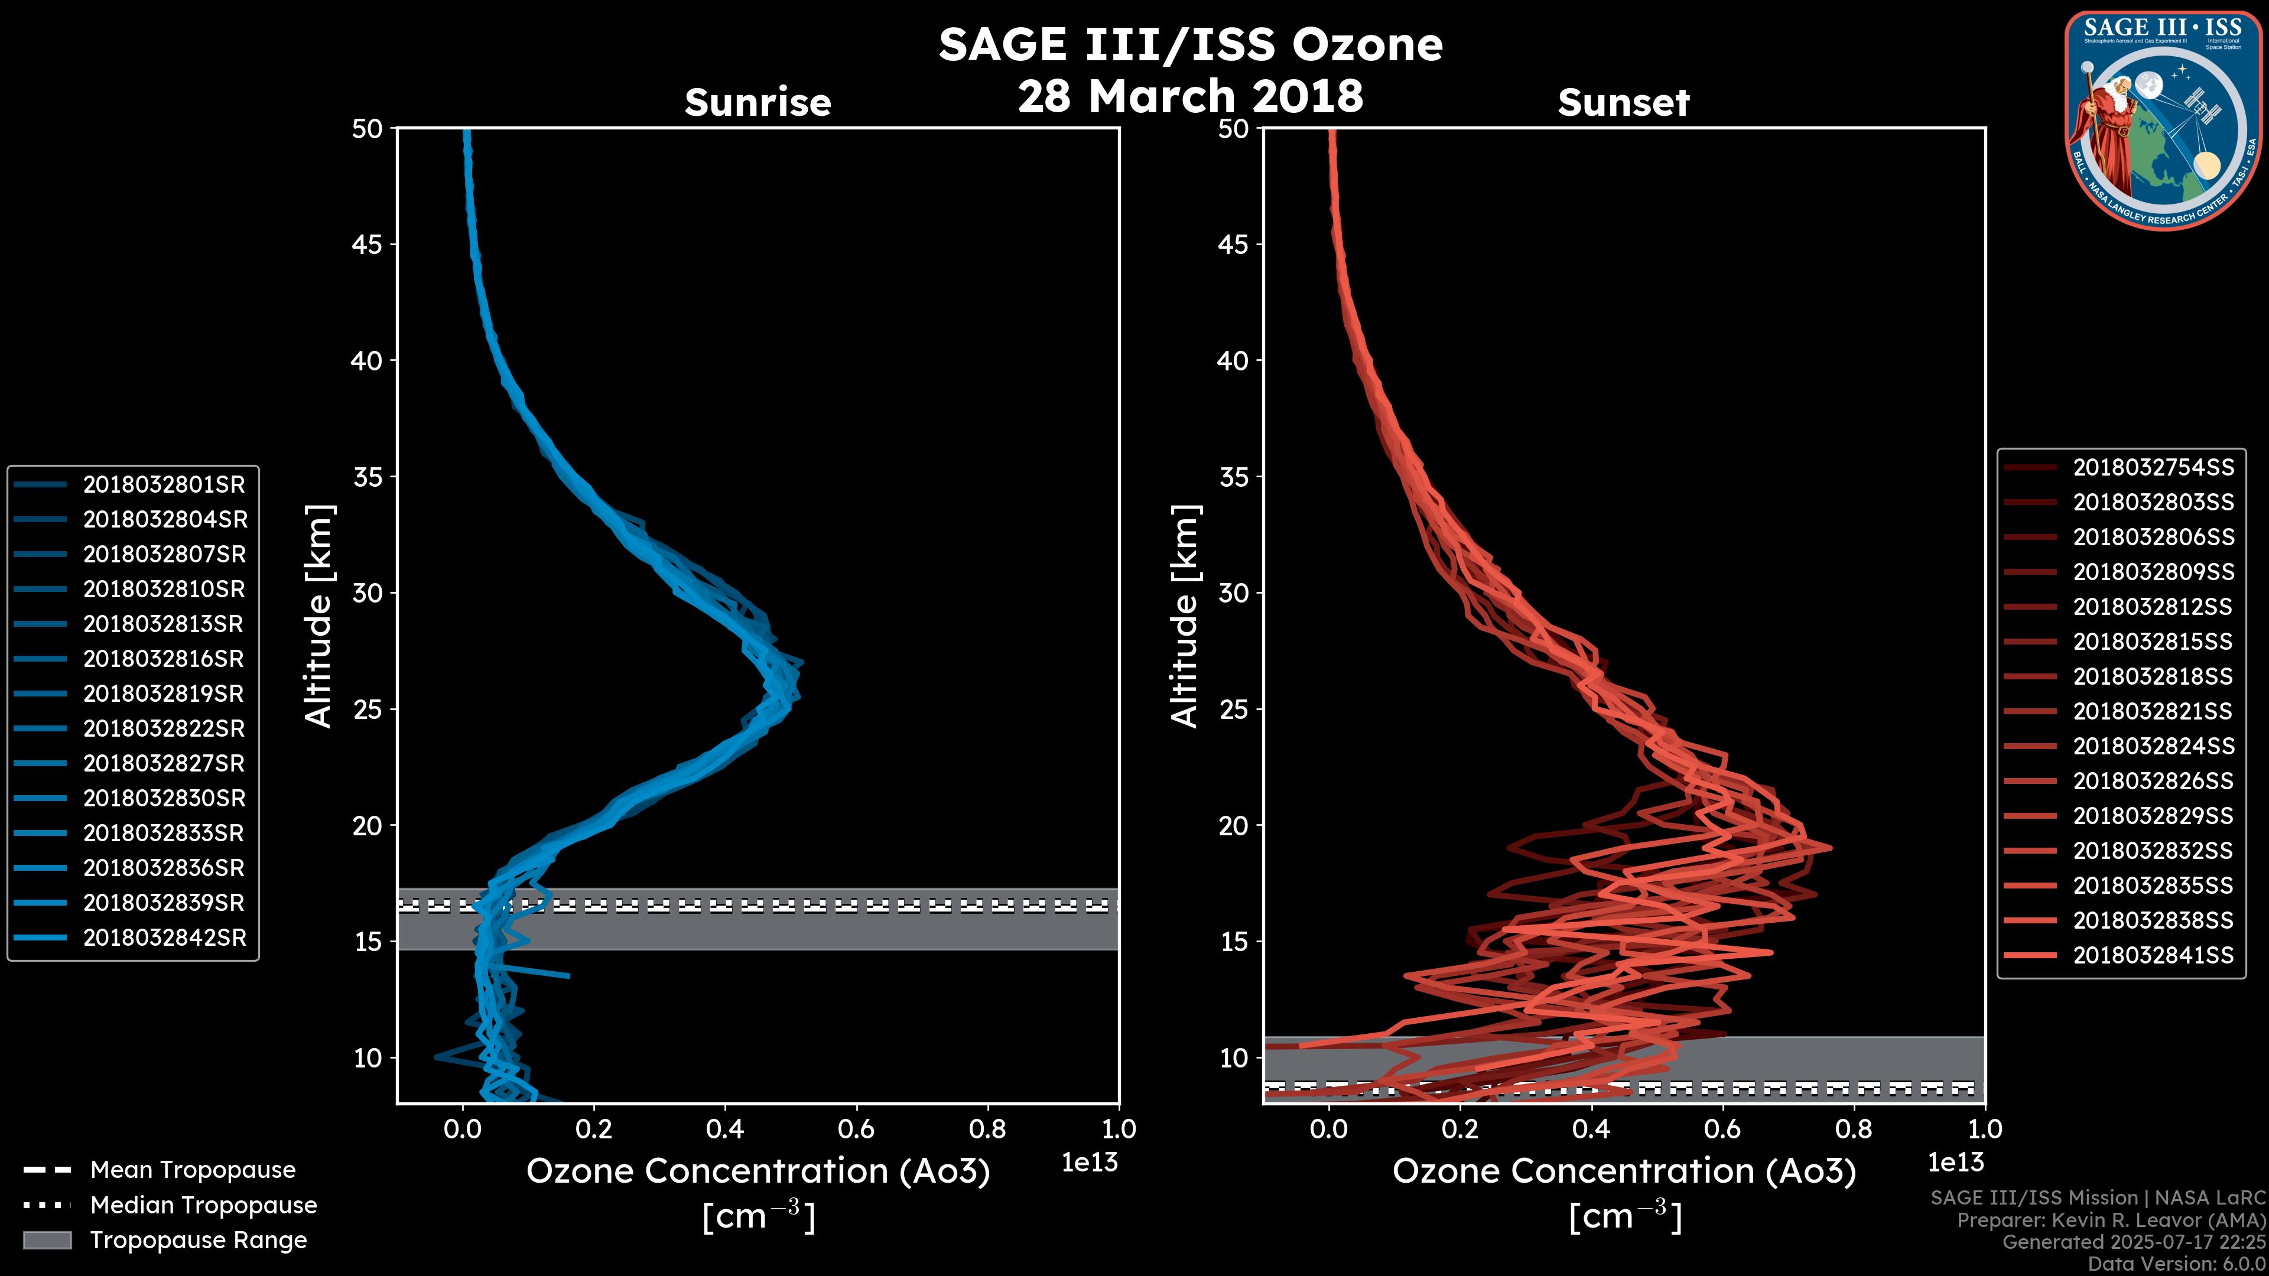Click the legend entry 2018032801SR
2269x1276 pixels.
pyautogui.click(x=164, y=484)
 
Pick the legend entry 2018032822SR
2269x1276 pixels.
pyautogui.click(x=164, y=728)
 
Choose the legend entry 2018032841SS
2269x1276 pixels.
pyautogui.click(x=2153, y=955)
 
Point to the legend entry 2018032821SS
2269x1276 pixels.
pyautogui.click(x=2152, y=711)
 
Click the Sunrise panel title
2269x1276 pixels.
pyautogui.click(x=758, y=103)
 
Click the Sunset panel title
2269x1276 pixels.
pyautogui.click(x=1623, y=103)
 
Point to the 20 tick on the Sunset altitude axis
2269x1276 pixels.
pyautogui.click(x=1234, y=825)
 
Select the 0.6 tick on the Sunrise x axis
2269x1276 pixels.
pyautogui.click(x=856, y=1129)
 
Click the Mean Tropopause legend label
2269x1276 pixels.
pyautogui.click(x=193, y=1170)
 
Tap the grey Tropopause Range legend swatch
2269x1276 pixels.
pyautogui.click(x=47, y=1240)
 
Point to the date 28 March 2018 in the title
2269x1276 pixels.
pyautogui.click(x=1190, y=96)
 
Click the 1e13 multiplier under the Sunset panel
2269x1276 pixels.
pyautogui.click(x=1955, y=1163)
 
